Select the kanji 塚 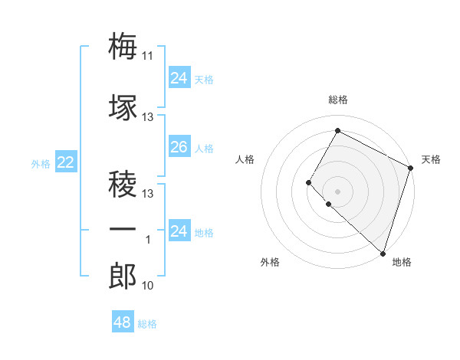point(123,107)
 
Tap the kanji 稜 point(123,184)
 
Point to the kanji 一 point(123,230)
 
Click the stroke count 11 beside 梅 point(148,55)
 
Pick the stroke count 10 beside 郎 point(148,286)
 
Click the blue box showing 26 point(179,147)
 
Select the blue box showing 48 point(122,322)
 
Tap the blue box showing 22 point(66,162)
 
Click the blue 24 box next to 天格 point(179,77)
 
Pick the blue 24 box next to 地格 point(179,231)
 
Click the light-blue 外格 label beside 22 point(40,163)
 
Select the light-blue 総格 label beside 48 point(147,324)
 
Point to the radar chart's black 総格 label point(337,100)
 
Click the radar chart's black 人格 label point(245,159)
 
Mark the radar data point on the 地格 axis point(383,253)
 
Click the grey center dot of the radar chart point(337,191)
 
